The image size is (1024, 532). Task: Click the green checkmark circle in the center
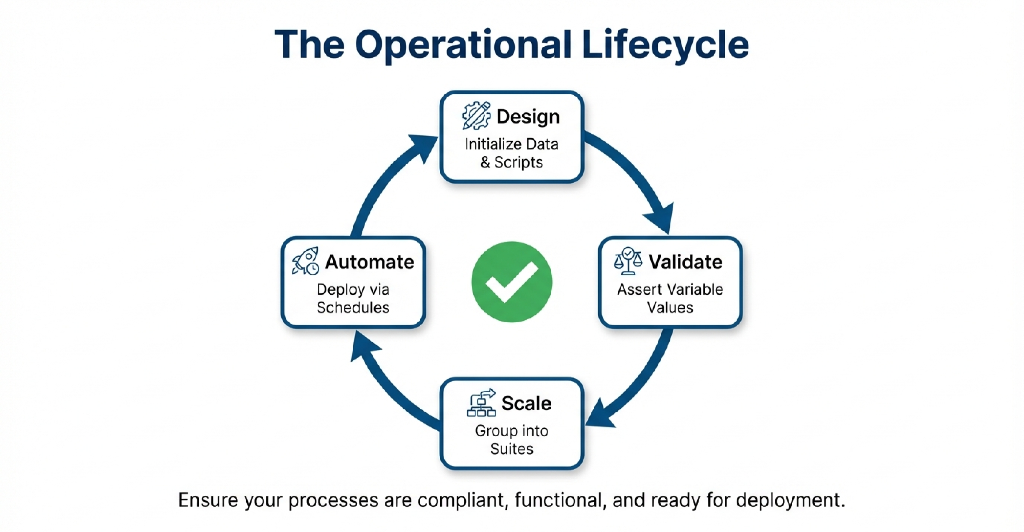tap(512, 282)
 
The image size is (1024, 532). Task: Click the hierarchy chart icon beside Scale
tap(481, 403)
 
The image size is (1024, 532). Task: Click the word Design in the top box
tap(528, 117)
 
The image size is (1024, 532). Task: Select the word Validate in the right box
tap(685, 262)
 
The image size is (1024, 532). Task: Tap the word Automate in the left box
tap(369, 262)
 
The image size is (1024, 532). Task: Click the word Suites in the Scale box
tap(512, 449)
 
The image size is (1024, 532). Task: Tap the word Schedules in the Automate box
tap(353, 308)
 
